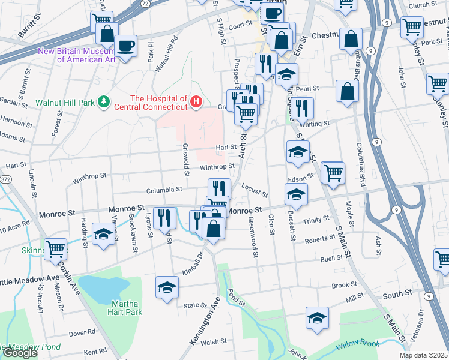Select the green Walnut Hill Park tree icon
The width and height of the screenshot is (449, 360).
103,103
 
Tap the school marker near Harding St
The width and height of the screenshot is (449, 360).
104,234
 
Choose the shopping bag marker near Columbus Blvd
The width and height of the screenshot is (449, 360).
347,91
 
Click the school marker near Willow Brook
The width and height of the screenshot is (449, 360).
317,317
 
